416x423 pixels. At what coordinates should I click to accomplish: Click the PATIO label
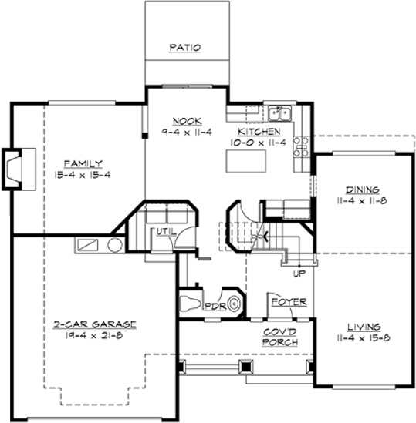(185, 48)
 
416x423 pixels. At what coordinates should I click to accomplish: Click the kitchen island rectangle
(245, 161)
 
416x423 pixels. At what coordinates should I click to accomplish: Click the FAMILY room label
(83, 163)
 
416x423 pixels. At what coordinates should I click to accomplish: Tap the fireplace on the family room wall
(15, 170)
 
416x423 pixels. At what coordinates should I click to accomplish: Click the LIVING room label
(360, 326)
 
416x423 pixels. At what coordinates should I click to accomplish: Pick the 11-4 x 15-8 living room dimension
(360, 337)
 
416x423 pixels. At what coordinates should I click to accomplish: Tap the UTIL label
(164, 231)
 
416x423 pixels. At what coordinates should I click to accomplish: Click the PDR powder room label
(213, 305)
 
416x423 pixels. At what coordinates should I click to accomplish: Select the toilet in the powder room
(188, 302)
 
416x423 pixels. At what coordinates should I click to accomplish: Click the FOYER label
(288, 301)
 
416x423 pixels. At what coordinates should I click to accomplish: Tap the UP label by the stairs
(298, 273)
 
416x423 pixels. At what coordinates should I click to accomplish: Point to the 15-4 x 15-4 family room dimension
(83, 175)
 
